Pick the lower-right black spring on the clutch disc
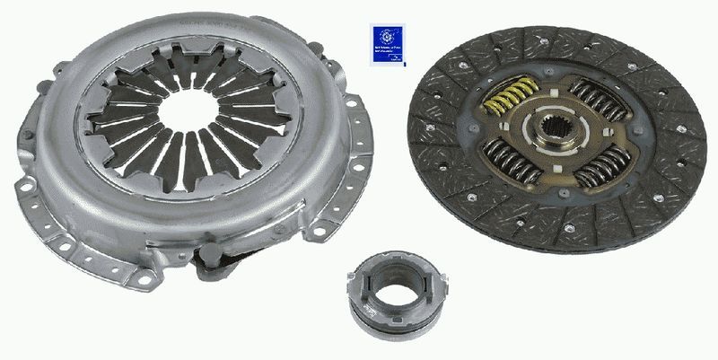(602, 167)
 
